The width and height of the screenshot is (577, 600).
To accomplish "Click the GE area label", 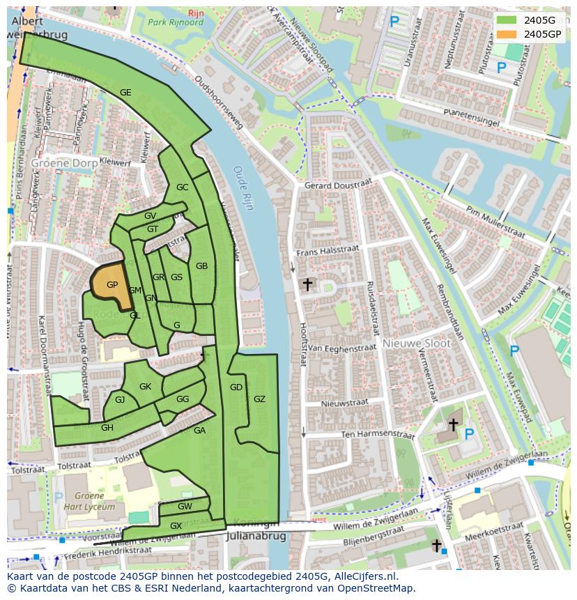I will tap(125, 92).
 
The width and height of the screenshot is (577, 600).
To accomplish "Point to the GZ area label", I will tap(259, 399).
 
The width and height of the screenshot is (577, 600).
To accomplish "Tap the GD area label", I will tap(236, 387).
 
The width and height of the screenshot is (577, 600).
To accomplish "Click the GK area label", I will tap(145, 387).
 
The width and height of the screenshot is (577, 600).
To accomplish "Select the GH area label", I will tap(107, 428).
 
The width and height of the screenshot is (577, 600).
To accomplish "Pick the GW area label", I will tap(185, 507).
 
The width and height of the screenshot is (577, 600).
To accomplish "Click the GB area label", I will tap(201, 266).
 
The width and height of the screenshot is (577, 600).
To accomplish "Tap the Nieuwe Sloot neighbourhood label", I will tap(416, 344).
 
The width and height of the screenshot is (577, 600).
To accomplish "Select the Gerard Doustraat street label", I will tap(338, 185).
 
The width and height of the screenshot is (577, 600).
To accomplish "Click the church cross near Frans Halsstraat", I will tap(307, 284).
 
